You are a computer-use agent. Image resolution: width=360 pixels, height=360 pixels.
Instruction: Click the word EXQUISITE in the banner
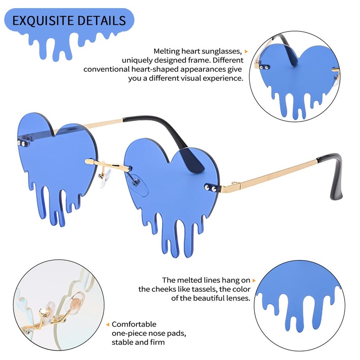[43, 20]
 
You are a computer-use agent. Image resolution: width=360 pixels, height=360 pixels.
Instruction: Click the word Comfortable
[134, 324]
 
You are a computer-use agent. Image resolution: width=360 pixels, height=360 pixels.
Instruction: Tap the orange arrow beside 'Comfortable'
[108, 324]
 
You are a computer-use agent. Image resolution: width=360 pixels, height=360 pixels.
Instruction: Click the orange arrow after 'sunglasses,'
[246, 51]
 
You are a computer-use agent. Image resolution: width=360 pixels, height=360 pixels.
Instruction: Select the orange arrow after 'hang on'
[254, 280]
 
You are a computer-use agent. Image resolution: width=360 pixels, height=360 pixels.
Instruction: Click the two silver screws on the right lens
[211, 188]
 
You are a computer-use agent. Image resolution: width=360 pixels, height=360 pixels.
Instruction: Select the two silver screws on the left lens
[21, 144]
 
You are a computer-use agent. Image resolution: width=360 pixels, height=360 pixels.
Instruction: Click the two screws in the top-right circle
[264, 67]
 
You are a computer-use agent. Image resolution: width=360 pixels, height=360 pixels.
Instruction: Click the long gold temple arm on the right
[269, 176]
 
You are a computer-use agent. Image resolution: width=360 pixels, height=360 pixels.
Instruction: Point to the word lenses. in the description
[238, 298]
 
